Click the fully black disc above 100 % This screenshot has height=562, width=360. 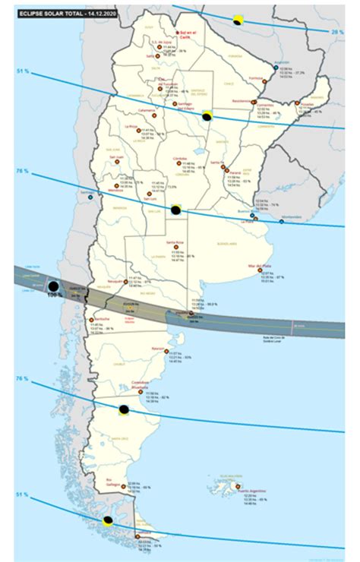(54, 286)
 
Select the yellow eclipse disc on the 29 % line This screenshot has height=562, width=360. (238, 20)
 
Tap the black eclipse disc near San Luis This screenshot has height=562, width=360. (175, 210)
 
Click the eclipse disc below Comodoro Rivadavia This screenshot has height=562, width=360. (123, 410)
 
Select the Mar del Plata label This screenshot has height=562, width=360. (259, 266)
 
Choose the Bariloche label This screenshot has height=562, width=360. (102, 319)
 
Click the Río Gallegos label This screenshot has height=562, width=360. (115, 479)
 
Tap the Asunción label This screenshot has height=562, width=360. (282, 61)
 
